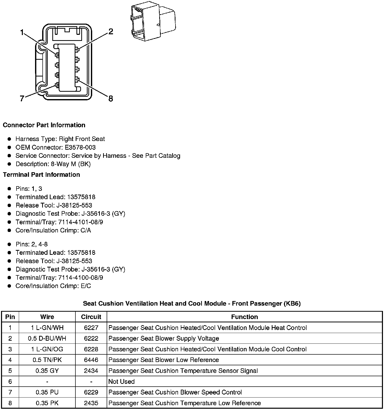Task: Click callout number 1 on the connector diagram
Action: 22,33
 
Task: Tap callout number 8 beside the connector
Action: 110,99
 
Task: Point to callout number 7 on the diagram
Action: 22,99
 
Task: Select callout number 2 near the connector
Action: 110,32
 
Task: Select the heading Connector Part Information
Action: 44,125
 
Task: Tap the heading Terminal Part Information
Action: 41,175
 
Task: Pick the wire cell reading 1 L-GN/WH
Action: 47,328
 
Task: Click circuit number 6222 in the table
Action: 91,338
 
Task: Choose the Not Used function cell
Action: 121,381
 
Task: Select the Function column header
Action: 244,317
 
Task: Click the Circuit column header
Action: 91,317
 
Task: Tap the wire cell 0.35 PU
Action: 47,392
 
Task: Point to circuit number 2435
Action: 91,403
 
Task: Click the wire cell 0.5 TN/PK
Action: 47,360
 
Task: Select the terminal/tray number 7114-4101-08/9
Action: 81,222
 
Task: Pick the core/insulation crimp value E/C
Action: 86,286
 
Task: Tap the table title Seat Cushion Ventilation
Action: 192,303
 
